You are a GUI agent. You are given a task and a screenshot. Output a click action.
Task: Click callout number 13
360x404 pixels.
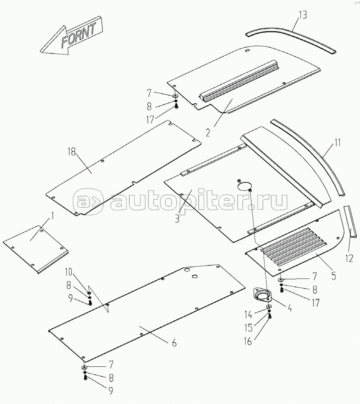pyautogui.click(x=303, y=14)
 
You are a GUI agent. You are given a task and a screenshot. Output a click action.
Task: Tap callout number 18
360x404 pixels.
pyautogui.click(x=72, y=152)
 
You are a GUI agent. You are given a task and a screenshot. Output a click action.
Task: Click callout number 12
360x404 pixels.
pyautogui.click(x=349, y=258)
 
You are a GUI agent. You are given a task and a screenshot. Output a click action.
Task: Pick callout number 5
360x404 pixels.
pyautogui.click(x=334, y=276)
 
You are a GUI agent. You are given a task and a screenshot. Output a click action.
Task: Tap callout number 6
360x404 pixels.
pyautogui.click(x=174, y=343)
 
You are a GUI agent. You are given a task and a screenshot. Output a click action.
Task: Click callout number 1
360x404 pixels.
pyautogui.click(x=52, y=216)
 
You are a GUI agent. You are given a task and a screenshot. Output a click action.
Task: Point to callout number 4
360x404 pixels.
pyautogui.click(x=290, y=308)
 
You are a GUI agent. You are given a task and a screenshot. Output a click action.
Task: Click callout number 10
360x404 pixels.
pyautogui.click(x=68, y=271)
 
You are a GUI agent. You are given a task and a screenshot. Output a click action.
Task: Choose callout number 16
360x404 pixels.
pyautogui.click(x=248, y=342)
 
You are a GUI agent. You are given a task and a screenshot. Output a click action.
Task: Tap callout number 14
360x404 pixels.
pyautogui.click(x=248, y=315)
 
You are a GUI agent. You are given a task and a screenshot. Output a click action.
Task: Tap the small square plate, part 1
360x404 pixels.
pyautogui.click(x=36, y=249)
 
